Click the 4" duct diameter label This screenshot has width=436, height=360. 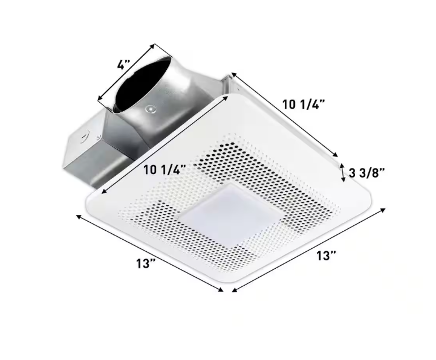pos(123,65)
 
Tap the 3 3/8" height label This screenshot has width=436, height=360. pos(367,173)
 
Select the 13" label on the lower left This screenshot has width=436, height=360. pos(145,263)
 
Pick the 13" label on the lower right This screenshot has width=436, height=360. pos(326,256)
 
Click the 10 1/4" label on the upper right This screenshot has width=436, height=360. pos(304,104)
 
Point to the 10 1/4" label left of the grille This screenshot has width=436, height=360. pos(164,170)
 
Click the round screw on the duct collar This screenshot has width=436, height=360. pos(150,109)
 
